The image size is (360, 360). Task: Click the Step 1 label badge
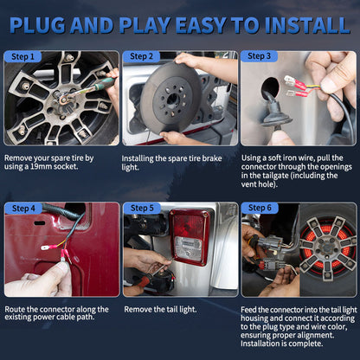pyautogui.click(x=22, y=56)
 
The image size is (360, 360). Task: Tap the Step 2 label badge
pyautogui.click(x=141, y=56)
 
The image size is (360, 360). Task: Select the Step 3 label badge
pyautogui.click(x=259, y=56)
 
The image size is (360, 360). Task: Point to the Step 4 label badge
pyautogui.click(x=23, y=209)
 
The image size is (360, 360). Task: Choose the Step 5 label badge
pyautogui.click(x=142, y=208)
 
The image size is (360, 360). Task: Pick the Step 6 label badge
pyautogui.click(x=260, y=208)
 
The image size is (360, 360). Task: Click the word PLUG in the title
pyautogui.click(x=37, y=25)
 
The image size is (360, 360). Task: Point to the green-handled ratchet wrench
pyautogui.click(x=87, y=90)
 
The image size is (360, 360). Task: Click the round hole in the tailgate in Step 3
pyautogui.click(x=270, y=88)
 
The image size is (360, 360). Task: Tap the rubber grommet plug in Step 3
pyautogui.click(x=276, y=117)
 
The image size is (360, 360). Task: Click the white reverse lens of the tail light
pyautogui.click(x=188, y=247)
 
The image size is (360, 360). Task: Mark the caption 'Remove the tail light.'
pyautogui.click(x=160, y=310)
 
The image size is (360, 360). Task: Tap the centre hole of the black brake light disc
pyautogui.click(x=172, y=100)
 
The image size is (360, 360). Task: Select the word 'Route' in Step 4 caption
pyautogui.click(x=15, y=310)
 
